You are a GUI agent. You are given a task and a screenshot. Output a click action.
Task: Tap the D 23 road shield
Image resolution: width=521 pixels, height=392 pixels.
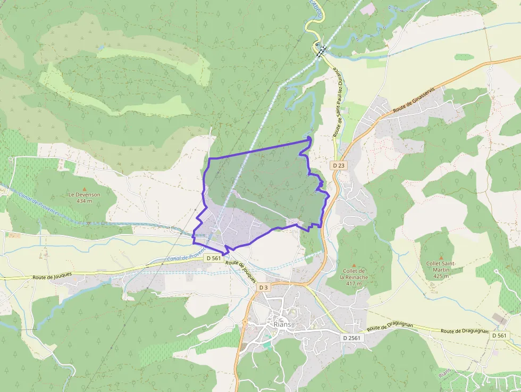tap(339, 165)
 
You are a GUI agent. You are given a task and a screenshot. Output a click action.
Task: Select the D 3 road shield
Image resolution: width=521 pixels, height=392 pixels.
tap(263, 287)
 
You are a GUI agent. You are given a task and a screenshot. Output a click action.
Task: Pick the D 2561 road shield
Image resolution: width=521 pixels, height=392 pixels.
tap(352, 338)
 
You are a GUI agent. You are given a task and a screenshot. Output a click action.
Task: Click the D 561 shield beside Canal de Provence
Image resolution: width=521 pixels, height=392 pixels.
tap(213, 258)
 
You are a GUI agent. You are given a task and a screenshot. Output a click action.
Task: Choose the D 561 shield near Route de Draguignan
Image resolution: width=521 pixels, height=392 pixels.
tap(499, 335)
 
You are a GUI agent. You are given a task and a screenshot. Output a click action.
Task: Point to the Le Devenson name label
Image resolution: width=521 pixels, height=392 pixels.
tap(84, 195)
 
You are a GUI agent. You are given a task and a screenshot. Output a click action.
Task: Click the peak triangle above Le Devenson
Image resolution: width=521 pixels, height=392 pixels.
tap(84, 188)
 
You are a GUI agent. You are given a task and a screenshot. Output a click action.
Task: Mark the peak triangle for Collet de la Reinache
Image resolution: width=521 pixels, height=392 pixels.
tap(354, 265)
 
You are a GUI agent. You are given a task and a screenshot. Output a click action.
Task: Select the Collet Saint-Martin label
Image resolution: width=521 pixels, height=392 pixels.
tap(441, 266)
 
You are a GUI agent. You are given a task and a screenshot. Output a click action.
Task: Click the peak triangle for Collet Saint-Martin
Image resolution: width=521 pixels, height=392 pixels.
tap(441, 257)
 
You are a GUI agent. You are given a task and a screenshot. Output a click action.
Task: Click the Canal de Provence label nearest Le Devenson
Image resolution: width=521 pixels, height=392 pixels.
tap(38, 205)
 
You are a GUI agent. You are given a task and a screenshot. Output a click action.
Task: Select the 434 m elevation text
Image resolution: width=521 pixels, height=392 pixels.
tap(84, 201)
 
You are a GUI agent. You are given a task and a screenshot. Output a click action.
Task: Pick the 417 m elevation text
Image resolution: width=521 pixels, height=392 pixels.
tap(354, 283)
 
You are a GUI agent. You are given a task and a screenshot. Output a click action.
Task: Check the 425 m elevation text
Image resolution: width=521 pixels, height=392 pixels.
tap(441, 276)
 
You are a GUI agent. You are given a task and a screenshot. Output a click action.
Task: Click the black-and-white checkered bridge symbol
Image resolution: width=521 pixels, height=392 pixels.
tap(321, 51)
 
